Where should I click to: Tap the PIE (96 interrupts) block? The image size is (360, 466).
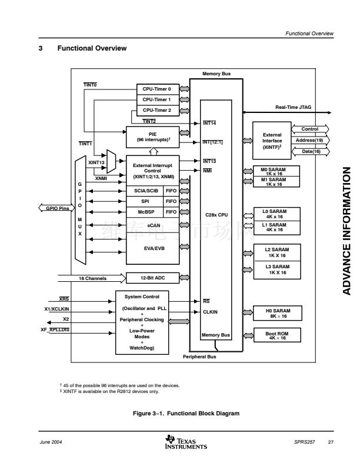152,138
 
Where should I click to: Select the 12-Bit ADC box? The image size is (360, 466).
152,277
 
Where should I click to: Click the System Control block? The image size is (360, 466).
142,322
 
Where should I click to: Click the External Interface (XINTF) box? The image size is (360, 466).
272,141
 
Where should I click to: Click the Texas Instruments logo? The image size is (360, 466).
186,442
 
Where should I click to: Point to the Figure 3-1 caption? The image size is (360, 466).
186,414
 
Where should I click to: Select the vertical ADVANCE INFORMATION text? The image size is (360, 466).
346,229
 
